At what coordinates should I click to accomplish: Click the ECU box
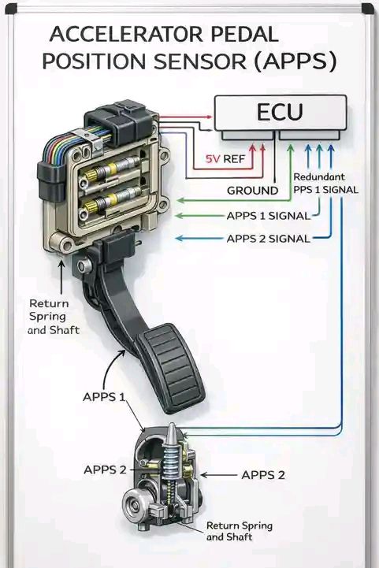click(281, 113)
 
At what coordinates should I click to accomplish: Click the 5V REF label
click(225, 158)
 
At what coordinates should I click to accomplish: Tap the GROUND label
click(253, 191)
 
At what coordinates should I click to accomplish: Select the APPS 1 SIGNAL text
click(269, 216)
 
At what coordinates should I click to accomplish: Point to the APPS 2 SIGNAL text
click(269, 239)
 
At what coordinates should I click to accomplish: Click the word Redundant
click(319, 177)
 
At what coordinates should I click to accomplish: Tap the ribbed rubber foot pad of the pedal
click(172, 369)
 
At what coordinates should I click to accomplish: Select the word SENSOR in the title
click(200, 61)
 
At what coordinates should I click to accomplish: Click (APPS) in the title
click(295, 61)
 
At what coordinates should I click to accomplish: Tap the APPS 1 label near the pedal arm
click(104, 397)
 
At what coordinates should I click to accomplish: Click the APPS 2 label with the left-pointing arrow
click(263, 474)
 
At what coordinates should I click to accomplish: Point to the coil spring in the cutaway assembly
click(172, 462)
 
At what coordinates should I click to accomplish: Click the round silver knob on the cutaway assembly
click(136, 504)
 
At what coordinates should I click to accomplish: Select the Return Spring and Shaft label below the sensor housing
click(54, 317)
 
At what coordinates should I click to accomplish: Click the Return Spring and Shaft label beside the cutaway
click(239, 531)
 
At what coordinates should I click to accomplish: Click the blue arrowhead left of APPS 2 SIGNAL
click(179, 238)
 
